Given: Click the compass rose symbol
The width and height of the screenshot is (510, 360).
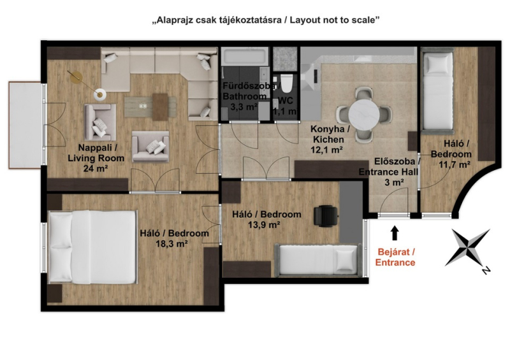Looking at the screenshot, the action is [x=468, y=248].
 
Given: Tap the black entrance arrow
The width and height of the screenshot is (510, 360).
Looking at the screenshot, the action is [x=395, y=233].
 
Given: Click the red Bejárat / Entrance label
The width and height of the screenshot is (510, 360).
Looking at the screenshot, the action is [x=395, y=257].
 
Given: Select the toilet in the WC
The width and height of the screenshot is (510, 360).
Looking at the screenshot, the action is [x=286, y=83].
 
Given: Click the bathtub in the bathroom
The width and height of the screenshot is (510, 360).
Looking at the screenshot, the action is [x=245, y=56].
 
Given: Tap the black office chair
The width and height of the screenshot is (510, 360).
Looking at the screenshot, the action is [x=325, y=215].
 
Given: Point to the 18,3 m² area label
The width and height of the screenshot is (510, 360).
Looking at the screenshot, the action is [x=171, y=243].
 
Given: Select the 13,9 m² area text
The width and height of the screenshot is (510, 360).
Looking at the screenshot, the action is [x=265, y=225].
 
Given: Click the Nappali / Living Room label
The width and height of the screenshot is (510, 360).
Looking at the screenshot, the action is [x=96, y=153].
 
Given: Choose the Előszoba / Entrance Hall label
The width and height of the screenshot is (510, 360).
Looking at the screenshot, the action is [x=390, y=166].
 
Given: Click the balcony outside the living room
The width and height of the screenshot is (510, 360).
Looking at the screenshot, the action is [x=25, y=125].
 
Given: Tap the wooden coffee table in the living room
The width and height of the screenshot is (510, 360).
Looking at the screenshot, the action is [x=161, y=107].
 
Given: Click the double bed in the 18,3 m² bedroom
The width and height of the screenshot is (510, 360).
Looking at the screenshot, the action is [x=92, y=247].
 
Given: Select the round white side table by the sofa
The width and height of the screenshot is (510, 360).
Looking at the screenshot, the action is [x=100, y=94].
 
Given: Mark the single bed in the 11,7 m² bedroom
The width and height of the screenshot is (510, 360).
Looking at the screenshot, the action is [x=437, y=90].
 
